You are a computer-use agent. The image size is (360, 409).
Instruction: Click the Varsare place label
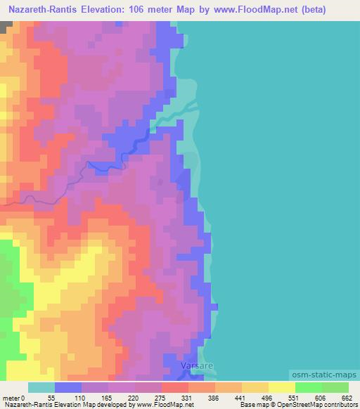(194, 367)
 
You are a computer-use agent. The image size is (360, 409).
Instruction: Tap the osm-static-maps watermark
(324, 377)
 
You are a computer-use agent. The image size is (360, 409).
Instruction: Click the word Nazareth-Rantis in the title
(46, 8)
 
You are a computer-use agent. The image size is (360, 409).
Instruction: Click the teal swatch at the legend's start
(41, 387)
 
